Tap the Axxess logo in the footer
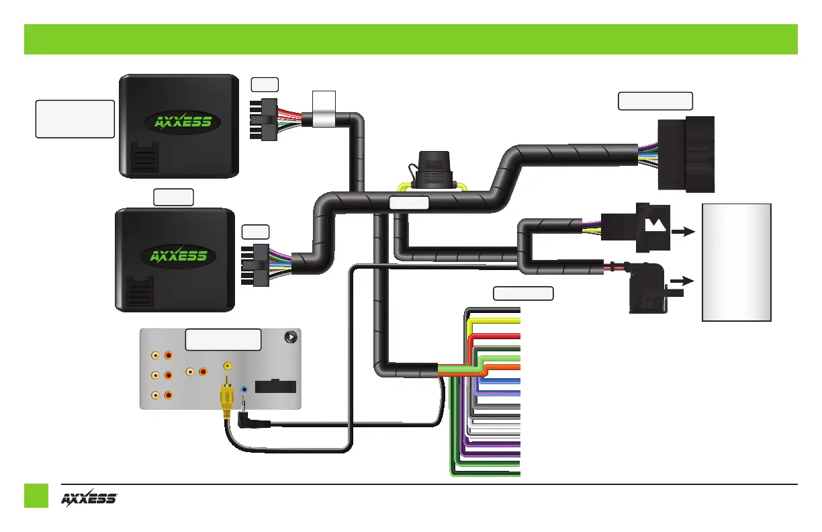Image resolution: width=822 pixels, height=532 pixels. (90, 499)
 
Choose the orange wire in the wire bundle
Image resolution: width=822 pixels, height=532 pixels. (497, 369)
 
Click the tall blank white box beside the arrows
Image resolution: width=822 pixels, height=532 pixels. (736, 262)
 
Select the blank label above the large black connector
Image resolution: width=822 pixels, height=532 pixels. (655, 101)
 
